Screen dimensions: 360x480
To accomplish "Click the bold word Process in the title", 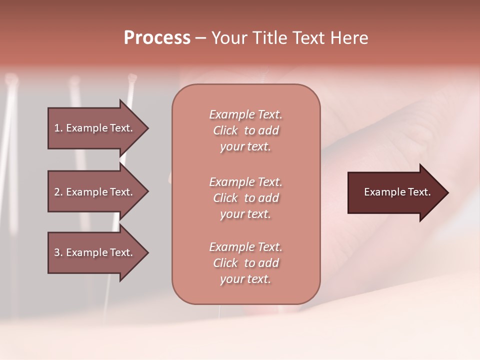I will pyautogui.click(x=157, y=38).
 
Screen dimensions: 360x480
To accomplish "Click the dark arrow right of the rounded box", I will pyautogui.click(x=395, y=192).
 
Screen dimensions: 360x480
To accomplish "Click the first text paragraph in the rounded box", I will pyautogui.click(x=245, y=130).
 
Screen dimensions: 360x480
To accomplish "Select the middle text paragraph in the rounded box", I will pyautogui.click(x=245, y=198).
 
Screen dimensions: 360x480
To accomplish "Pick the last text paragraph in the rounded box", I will pyautogui.click(x=245, y=263).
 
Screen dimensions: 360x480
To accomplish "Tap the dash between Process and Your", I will pyautogui.click(x=200, y=38).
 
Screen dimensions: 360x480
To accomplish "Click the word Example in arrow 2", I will pyautogui.click(x=86, y=192).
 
